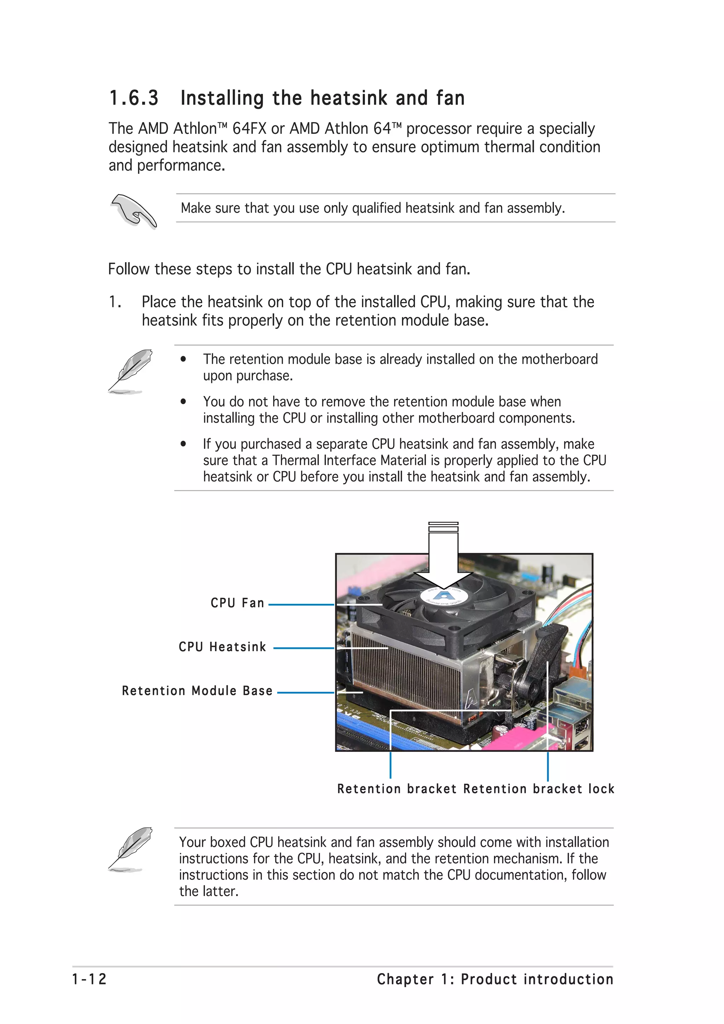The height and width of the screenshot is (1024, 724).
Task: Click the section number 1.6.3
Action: click(134, 98)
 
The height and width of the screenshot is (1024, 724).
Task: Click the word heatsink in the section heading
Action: click(349, 98)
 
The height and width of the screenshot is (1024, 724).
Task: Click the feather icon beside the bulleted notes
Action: click(130, 371)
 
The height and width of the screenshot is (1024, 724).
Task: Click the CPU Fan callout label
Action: click(237, 603)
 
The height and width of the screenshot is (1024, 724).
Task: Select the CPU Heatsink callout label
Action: click(222, 647)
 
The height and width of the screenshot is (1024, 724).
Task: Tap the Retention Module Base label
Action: click(197, 691)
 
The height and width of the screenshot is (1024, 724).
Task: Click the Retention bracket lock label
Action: click(538, 789)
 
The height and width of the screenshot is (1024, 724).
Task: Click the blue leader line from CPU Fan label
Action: click(301, 605)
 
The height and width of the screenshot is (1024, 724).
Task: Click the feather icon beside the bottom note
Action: click(130, 849)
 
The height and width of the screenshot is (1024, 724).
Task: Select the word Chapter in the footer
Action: click(405, 979)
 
